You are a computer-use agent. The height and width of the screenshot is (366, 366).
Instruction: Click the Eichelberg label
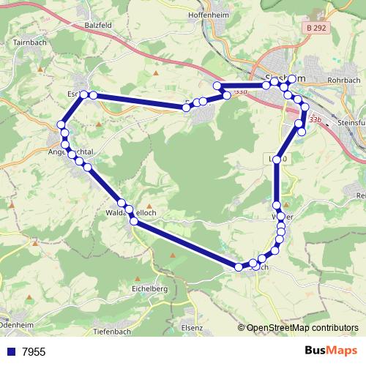(149, 289)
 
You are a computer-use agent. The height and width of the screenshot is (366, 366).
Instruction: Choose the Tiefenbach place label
(113, 332)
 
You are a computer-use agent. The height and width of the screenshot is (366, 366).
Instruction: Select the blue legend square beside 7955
(10, 351)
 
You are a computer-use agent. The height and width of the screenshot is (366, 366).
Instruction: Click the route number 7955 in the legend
(33, 352)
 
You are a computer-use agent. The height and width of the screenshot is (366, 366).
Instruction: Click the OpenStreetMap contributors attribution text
(302, 328)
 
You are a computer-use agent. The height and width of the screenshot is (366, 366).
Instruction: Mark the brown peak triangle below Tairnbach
(36, 77)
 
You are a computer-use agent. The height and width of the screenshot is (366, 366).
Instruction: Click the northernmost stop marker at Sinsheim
(291, 79)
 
